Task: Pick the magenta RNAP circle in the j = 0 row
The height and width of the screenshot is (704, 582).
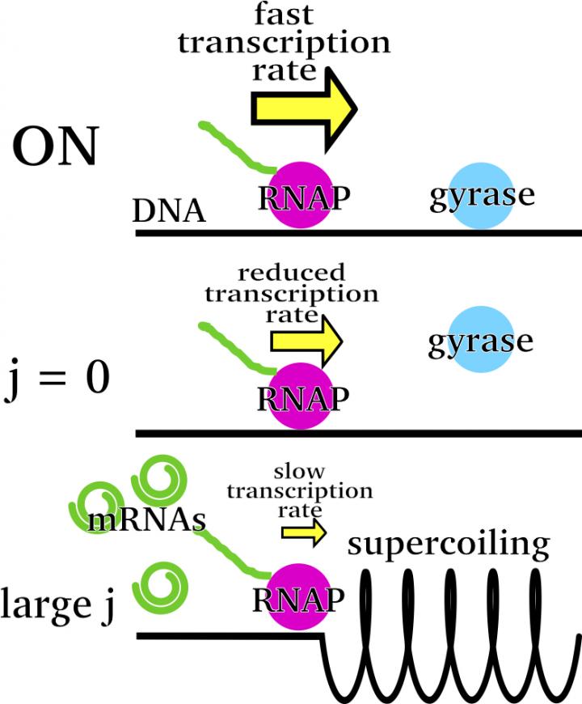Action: click(x=301, y=396)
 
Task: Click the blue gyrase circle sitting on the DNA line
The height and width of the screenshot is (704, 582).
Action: click(x=481, y=197)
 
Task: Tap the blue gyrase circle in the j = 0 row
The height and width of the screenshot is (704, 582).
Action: click(x=481, y=340)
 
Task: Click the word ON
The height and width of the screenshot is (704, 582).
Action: click(x=55, y=151)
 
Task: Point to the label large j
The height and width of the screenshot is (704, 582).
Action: click(x=58, y=603)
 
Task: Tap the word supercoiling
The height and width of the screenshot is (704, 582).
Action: click(x=449, y=544)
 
